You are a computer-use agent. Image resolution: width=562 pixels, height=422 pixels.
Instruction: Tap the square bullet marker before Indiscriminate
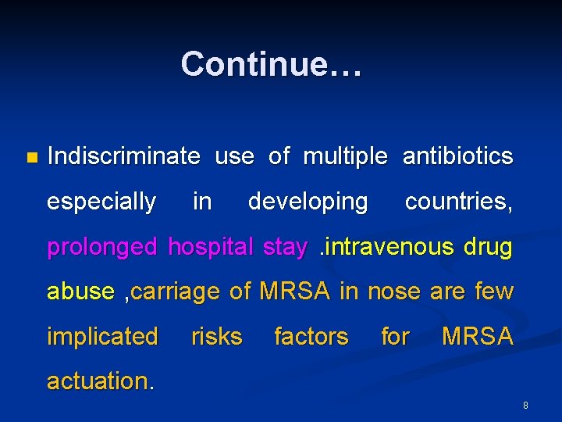click(31, 157)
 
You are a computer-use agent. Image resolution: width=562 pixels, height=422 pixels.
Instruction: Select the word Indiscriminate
click(123, 156)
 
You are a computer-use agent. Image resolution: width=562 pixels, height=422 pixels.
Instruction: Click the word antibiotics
click(457, 156)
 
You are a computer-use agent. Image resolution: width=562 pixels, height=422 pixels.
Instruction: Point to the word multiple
click(344, 156)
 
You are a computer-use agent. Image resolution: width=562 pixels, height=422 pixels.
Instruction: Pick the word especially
click(101, 202)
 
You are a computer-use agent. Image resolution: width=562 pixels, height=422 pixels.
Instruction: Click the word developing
click(308, 202)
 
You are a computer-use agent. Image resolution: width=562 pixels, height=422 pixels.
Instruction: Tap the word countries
click(458, 202)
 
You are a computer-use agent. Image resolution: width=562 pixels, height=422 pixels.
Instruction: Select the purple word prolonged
click(102, 248)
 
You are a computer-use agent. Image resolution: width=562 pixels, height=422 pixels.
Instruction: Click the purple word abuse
click(80, 291)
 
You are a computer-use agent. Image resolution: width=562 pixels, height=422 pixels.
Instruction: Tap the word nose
click(394, 292)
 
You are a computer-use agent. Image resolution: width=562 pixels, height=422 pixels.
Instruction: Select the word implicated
click(102, 337)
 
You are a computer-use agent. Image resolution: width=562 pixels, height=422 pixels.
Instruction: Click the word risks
click(216, 337)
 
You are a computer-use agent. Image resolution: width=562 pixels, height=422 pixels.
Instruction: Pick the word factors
click(311, 337)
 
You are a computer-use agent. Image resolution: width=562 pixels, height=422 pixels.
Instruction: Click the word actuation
click(101, 381)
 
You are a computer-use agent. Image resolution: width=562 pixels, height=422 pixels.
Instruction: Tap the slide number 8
click(525, 406)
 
